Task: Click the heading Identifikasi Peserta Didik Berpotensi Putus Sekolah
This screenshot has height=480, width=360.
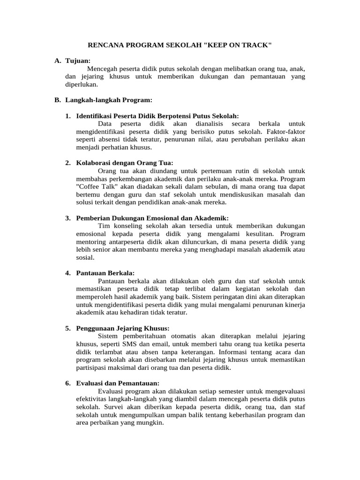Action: (x=157, y=116)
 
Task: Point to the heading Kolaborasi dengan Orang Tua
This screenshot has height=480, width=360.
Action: (x=125, y=163)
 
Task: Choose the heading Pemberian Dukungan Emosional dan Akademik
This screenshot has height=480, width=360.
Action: (x=152, y=218)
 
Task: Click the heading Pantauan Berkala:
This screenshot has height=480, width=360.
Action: (x=105, y=272)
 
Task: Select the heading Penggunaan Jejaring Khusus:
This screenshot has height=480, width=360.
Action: (x=123, y=328)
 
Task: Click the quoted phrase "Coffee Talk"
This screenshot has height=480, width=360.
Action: (x=95, y=186)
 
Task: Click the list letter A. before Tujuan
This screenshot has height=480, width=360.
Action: (x=58, y=60)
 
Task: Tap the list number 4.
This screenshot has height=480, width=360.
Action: (x=68, y=272)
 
